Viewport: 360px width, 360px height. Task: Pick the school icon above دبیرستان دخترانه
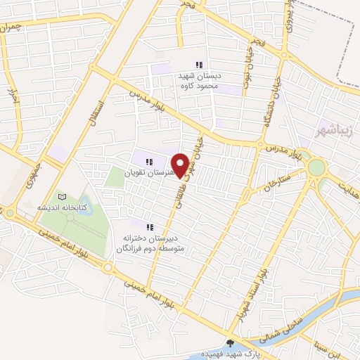pyautogui.click(x=149, y=226)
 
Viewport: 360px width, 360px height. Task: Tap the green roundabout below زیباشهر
pyautogui.click(x=317, y=167)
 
